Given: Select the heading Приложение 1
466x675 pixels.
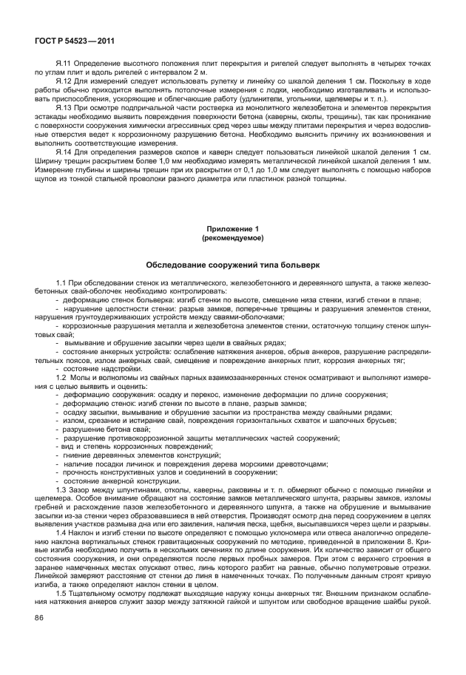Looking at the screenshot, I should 232,230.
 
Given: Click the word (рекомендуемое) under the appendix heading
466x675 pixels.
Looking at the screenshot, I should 232,238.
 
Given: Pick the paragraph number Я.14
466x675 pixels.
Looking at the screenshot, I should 63,151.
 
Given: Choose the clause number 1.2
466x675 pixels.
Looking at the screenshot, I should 61,376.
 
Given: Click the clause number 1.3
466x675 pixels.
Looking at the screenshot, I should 61,489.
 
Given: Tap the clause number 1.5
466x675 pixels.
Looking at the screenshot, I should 61,594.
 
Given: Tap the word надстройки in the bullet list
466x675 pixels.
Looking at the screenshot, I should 117,369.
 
